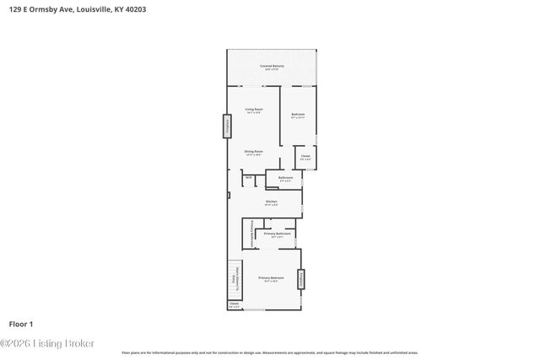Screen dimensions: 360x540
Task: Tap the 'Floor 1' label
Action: (20, 323)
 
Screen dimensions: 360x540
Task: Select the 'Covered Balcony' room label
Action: (271, 66)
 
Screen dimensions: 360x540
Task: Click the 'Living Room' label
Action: (251, 110)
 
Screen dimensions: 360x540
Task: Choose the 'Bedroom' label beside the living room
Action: (298, 114)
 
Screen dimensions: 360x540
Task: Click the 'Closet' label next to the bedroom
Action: (305, 156)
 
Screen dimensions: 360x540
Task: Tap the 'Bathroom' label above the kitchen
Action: (285, 177)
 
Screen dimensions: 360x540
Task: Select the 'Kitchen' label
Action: (271, 201)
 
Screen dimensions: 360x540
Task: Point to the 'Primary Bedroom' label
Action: (271, 277)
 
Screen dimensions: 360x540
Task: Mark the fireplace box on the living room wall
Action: (226, 126)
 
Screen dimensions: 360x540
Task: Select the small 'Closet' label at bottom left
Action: (234, 304)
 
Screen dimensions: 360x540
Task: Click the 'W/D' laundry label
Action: (249, 178)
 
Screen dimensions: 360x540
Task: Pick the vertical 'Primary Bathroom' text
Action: (251, 233)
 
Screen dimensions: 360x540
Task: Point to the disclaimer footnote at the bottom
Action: (269, 352)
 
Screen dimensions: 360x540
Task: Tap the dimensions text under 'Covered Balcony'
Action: (271, 70)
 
